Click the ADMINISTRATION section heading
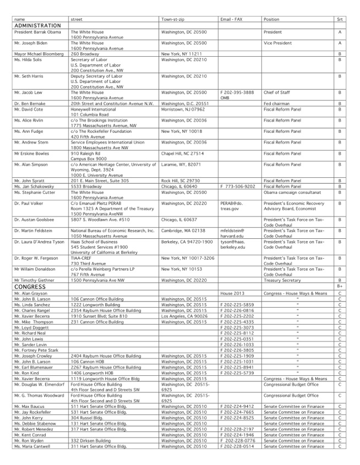pyautogui.click(x=37, y=26)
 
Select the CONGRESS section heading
pyautogui.click(x=30, y=287)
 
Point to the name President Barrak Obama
pyautogui.click(x=37, y=32)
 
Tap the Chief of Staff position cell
pyautogui.click(x=277, y=92)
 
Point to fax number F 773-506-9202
pyautogui.click(x=237, y=186)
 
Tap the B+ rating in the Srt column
pyautogui.click(x=340, y=287)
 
